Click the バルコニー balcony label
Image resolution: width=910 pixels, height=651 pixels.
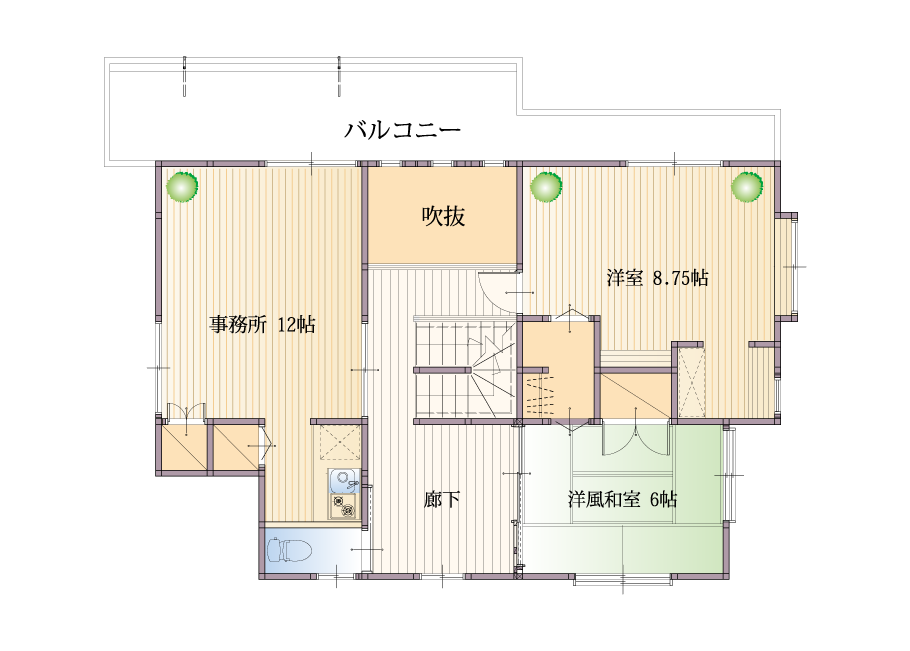pyautogui.click(x=403, y=129)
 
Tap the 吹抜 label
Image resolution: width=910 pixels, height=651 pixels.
pyautogui.click(x=443, y=216)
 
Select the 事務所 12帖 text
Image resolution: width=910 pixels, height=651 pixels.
pyautogui.click(x=262, y=324)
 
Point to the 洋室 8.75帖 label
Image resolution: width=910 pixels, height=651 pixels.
pyautogui.click(x=658, y=278)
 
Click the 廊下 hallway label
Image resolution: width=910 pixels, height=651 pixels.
pyautogui.click(x=442, y=499)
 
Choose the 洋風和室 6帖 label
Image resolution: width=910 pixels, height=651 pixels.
pyautogui.click(x=622, y=499)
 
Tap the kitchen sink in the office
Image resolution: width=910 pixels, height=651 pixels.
pyautogui.click(x=345, y=480)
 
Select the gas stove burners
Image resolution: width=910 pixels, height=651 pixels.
pyautogui.click(x=345, y=506)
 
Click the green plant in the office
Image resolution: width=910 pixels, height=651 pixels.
pyautogui.click(x=182, y=187)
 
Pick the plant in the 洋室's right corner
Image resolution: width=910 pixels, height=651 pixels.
pyautogui.click(x=747, y=187)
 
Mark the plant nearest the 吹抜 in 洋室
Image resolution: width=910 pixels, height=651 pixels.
pyautogui.click(x=546, y=187)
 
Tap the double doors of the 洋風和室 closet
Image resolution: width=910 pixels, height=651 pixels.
pyautogui.click(x=637, y=442)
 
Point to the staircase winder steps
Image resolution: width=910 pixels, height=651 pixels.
pyautogui.click(x=492, y=371)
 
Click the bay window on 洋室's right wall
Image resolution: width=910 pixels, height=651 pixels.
pyautogui.click(x=787, y=266)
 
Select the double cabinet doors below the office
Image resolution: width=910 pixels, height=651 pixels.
pyautogui.click(x=186, y=411)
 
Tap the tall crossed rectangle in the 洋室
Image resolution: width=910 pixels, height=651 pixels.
pyautogui.click(x=691, y=381)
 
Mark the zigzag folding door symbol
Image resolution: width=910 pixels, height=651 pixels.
pyautogui.click(x=540, y=395)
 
